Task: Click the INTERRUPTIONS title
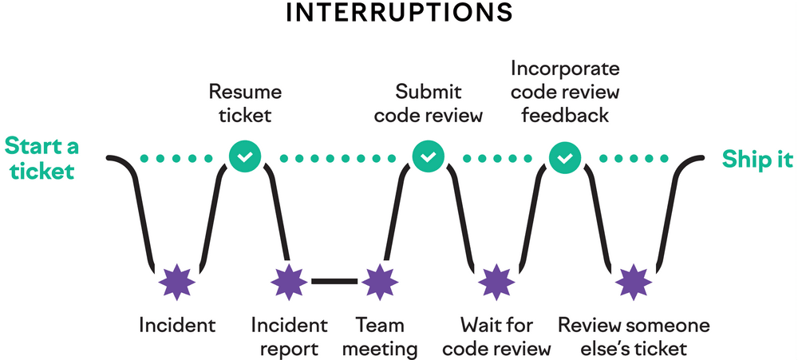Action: [x=399, y=14]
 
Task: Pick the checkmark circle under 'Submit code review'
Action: [x=429, y=157]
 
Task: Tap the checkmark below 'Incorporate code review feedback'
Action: [x=565, y=157]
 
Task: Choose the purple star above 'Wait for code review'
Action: [x=496, y=281]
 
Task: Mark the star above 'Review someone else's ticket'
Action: [x=634, y=281]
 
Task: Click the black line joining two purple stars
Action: [x=334, y=281]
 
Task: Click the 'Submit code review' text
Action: [x=429, y=103]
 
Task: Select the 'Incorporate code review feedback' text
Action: [x=565, y=92]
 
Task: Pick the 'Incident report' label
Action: [x=289, y=337]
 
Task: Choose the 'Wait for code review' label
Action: [x=496, y=337]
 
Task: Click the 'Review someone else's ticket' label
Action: [x=634, y=337]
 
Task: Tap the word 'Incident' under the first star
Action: [x=177, y=325]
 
